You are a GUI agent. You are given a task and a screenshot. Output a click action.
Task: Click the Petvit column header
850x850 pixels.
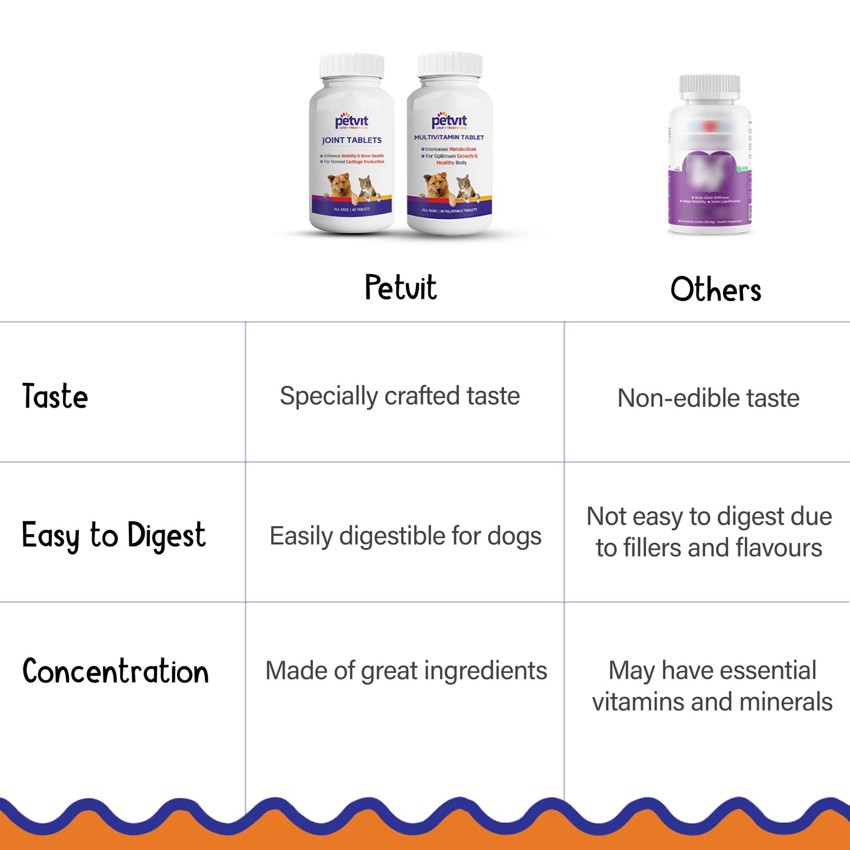[x=401, y=288]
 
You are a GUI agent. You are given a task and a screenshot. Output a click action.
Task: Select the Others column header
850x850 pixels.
[x=715, y=289]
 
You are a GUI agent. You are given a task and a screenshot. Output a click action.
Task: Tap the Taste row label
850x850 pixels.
[x=55, y=396]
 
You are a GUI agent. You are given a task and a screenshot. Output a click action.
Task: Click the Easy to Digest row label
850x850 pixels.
[x=114, y=535]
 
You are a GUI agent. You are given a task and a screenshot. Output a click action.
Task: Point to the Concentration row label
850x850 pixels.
[x=115, y=671]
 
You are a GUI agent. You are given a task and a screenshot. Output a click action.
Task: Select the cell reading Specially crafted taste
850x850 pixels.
[x=399, y=396]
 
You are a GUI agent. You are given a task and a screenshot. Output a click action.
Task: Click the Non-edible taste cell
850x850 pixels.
[x=708, y=398]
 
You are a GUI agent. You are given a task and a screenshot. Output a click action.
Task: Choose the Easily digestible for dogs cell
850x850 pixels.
[x=405, y=536]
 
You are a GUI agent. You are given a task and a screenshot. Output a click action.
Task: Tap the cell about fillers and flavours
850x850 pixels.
[x=709, y=532]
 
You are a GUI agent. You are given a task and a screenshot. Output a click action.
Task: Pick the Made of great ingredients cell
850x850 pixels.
[x=406, y=671]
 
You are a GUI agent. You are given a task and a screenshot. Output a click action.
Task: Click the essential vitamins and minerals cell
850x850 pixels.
[x=712, y=686]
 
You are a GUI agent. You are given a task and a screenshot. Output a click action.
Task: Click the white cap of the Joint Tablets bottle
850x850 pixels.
[x=352, y=66]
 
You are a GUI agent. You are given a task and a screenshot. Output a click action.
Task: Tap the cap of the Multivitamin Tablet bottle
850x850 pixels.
[x=449, y=64]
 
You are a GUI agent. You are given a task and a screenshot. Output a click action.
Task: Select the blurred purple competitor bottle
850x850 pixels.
[x=710, y=156]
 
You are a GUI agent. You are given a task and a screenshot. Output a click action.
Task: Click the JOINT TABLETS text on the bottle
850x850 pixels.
[x=352, y=141]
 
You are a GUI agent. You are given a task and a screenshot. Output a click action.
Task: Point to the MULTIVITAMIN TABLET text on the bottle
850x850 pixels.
[x=449, y=137]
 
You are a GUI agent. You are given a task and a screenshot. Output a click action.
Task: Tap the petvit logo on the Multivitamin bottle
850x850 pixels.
[x=449, y=121]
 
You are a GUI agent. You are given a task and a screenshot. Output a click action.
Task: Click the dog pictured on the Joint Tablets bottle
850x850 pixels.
[x=341, y=188]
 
